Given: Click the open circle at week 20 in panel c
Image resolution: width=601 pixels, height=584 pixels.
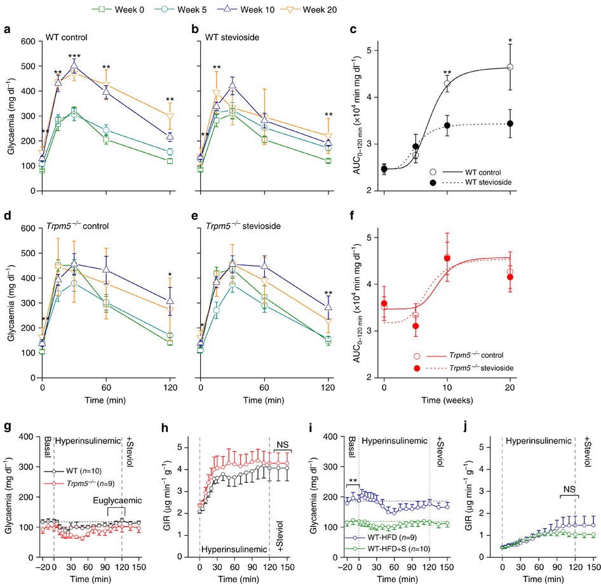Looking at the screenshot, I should (x=510, y=67).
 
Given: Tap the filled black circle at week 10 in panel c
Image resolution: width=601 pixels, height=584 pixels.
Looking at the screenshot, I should (x=447, y=126).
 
